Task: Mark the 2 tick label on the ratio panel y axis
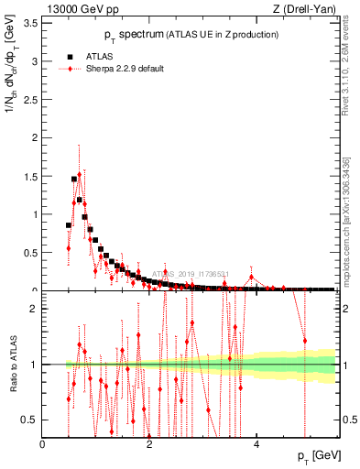click(x=33, y=309)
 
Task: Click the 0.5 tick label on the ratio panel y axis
click(x=28, y=420)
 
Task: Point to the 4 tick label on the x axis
click(x=256, y=444)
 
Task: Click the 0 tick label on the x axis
click(x=43, y=444)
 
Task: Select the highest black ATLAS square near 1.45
click(x=74, y=180)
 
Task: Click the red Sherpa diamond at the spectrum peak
click(x=80, y=174)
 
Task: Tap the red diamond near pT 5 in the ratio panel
click(x=305, y=341)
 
